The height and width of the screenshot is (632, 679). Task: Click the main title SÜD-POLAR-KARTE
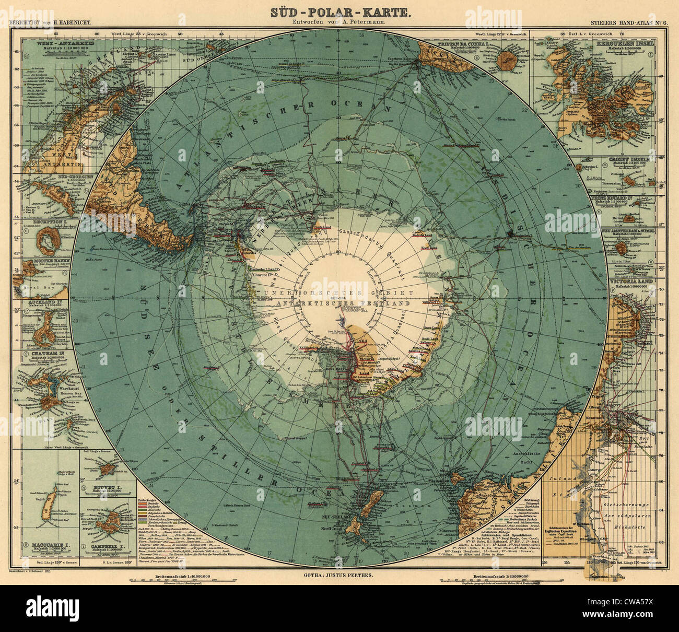point(339,11)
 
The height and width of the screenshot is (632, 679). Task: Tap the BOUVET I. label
point(106,486)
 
